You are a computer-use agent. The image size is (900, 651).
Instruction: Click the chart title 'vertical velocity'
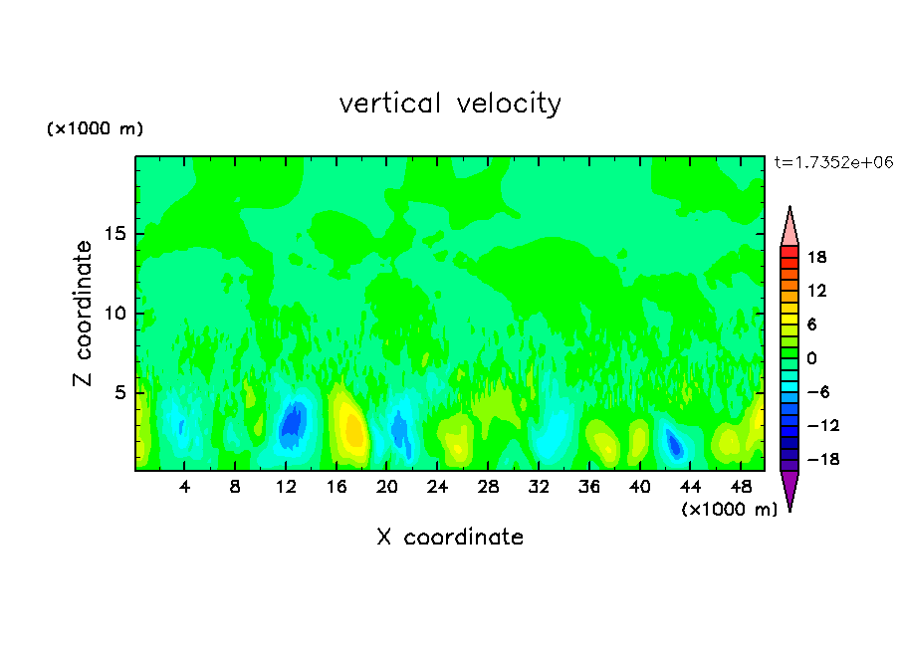pyautogui.click(x=450, y=104)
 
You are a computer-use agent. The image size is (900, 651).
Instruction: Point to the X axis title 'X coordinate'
pyautogui.click(x=450, y=538)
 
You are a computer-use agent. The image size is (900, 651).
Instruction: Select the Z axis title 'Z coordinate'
pyautogui.click(x=84, y=314)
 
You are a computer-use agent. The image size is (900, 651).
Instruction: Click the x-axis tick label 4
pyautogui.click(x=184, y=488)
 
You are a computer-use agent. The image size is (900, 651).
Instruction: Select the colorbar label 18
pyautogui.click(x=817, y=257)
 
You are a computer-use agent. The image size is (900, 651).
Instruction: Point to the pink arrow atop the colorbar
pyautogui.click(x=789, y=227)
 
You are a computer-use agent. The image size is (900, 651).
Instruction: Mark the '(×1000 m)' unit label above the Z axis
pyautogui.click(x=96, y=129)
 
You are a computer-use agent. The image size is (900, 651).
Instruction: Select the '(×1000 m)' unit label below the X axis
pyautogui.click(x=730, y=510)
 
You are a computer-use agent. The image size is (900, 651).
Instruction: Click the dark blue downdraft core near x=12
pyautogui.click(x=291, y=421)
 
